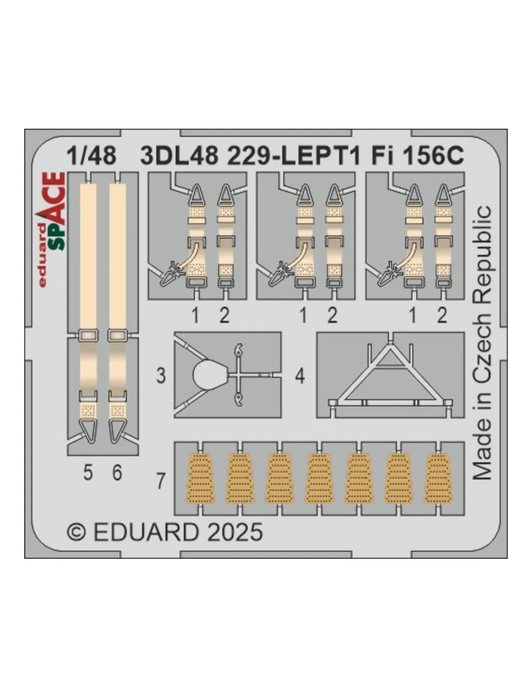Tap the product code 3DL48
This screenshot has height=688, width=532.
[179, 156]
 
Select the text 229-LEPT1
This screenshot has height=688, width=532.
[294, 156]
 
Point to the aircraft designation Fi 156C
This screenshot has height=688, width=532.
[417, 156]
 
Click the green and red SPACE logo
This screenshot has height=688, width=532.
[53, 229]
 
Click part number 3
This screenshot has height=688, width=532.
[161, 376]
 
